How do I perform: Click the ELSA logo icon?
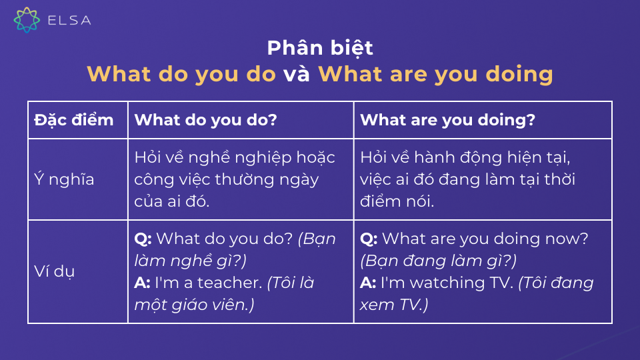click(27, 19)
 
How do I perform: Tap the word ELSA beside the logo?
click(69, 20)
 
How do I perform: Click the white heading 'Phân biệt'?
click(320, 48)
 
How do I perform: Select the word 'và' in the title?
click(297, 73)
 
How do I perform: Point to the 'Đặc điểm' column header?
click(74, 120)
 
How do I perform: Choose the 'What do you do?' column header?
click(206, 120)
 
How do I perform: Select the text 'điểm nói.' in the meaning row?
click(397, 200)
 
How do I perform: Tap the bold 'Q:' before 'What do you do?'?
click(143, 239)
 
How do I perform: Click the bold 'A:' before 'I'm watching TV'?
click(368, 283)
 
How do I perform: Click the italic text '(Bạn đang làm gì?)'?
click(438, 260)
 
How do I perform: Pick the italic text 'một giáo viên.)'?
click(194, 304)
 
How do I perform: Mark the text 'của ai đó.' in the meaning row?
click(171, 200)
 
